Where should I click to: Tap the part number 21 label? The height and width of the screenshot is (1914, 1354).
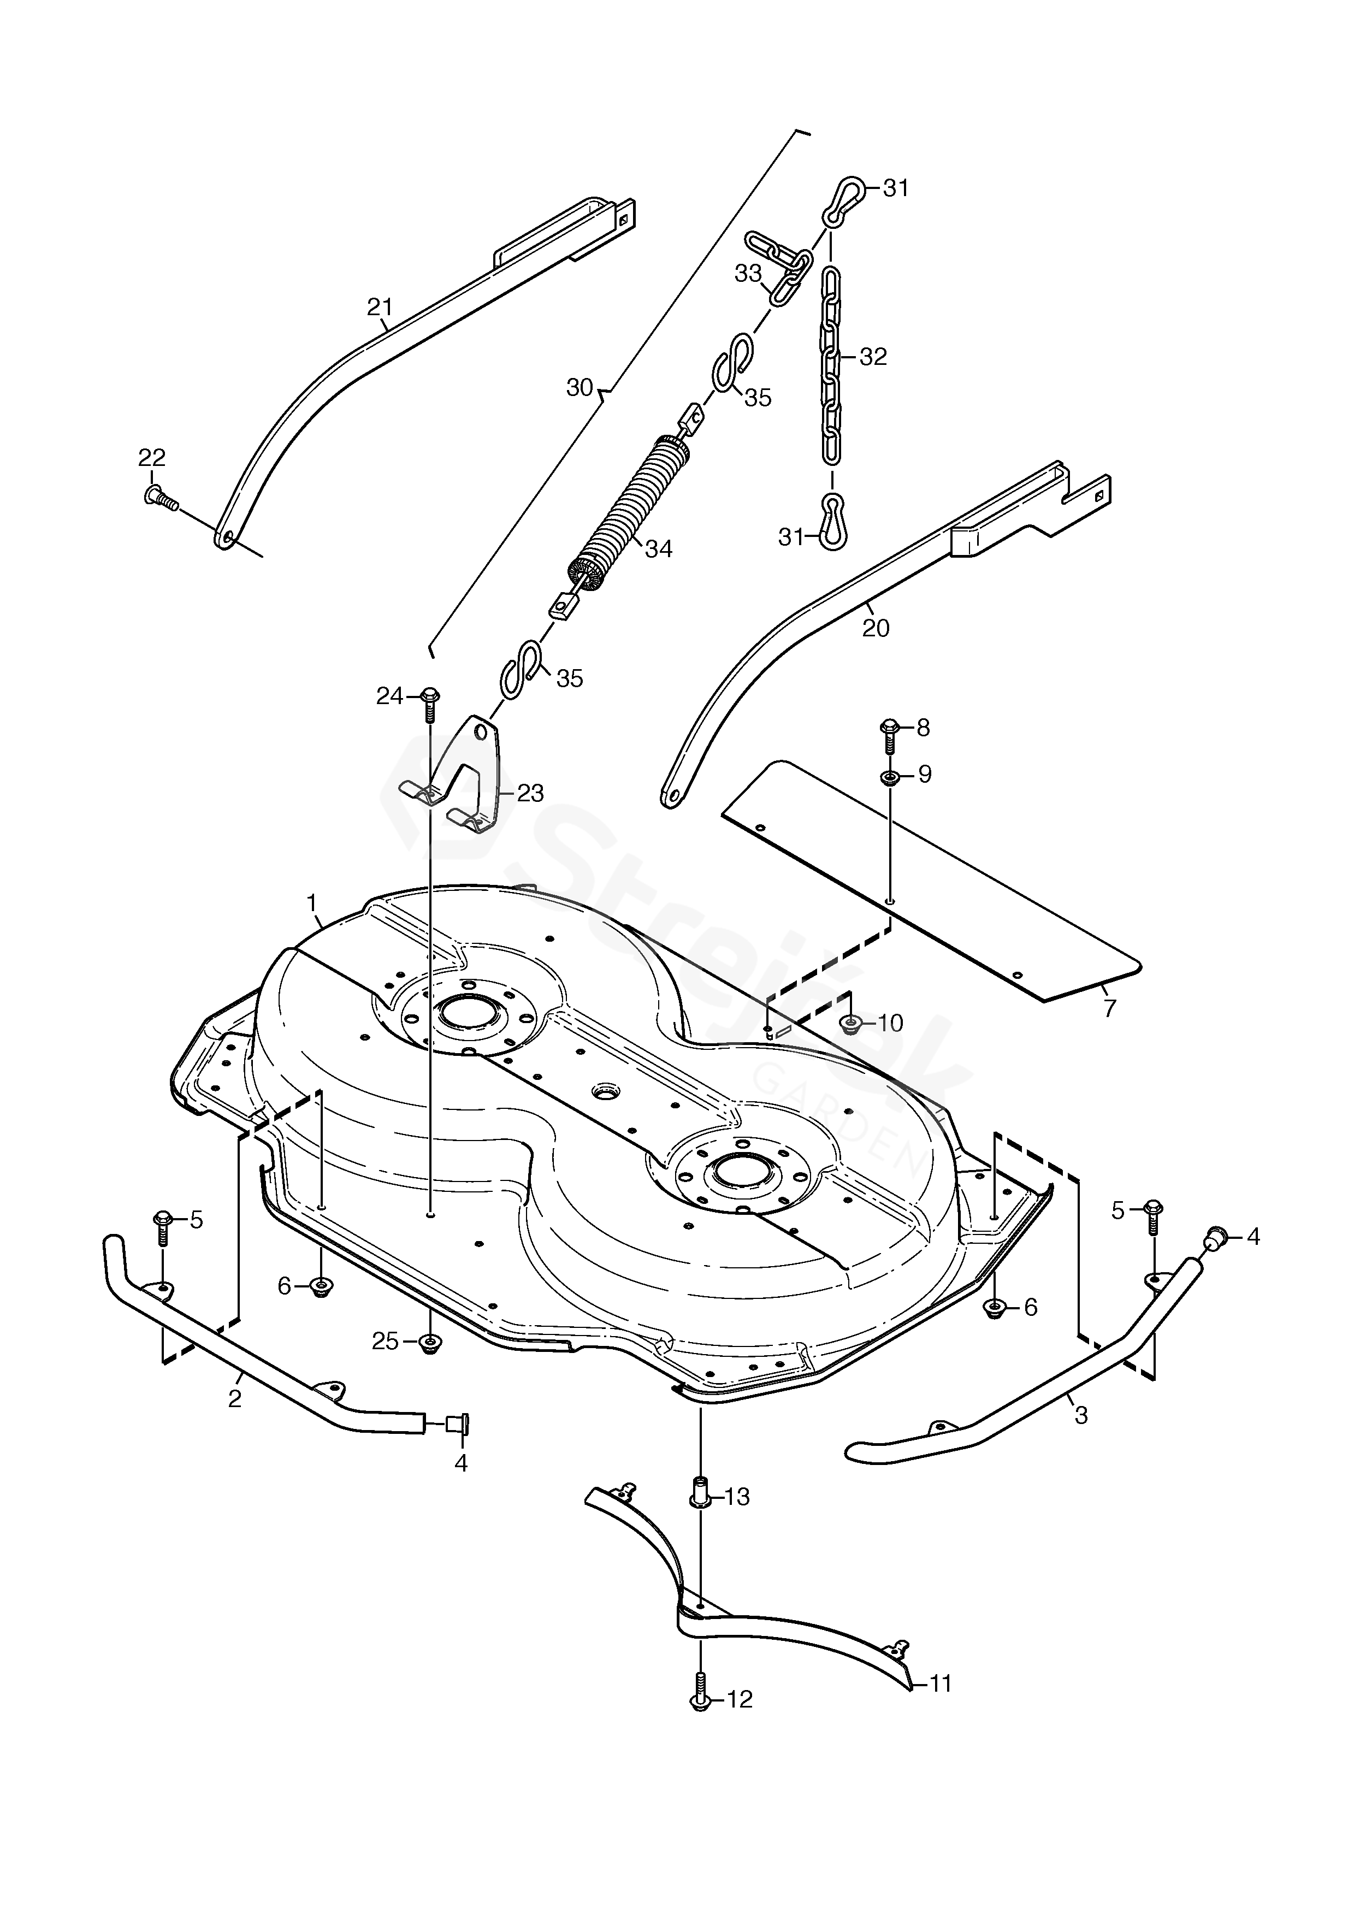click(380, 308)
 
